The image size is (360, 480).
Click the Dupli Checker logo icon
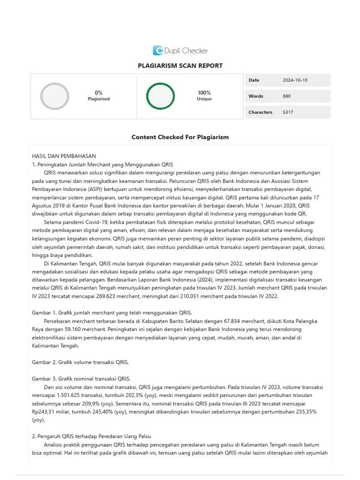[x=158, y=51]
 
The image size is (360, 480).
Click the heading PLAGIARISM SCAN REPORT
[x=180, y=66]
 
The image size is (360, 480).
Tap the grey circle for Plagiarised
[x=55, y=96]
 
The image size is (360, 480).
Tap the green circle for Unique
[x=160, y=96]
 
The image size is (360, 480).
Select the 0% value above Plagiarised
[x=98, y=93]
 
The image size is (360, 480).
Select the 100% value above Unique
[x=204, y=93]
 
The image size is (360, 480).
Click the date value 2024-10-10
[x=295, y=80]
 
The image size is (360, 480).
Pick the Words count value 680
[x=286, y=96]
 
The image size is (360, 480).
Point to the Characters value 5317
[x=288, y=112]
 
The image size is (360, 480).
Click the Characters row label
[x=260, y=112]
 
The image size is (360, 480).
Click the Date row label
[x=254, y=80]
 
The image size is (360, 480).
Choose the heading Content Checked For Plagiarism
[x=180, y=137]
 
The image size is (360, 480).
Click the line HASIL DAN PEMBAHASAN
[x=64, y=156]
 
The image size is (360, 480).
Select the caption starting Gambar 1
[x=112, y=313]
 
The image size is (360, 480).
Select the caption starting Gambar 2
[x=80, y=362]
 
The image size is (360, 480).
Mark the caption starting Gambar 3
[x=81, y=379]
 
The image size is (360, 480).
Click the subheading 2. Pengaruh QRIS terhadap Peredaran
[x=91, y=436]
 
